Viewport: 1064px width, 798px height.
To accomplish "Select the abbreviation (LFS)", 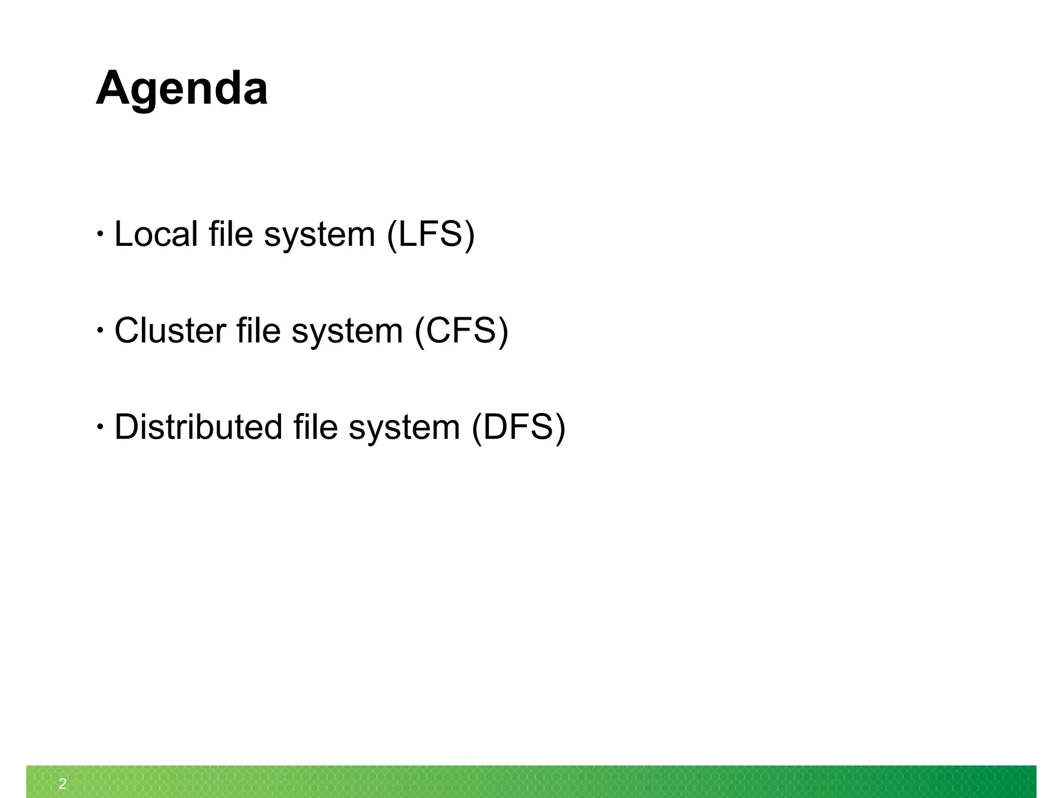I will point(431,234).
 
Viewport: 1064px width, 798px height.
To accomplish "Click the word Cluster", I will point(170,331).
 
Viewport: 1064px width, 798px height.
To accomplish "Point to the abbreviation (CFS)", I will point(461,331).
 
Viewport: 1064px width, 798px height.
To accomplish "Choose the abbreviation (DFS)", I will point(518,428).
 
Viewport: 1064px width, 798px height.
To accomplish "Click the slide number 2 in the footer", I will point(63,783).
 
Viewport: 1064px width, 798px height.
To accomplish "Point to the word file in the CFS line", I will point(258,331).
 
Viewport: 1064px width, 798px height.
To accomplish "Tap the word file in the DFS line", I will point(315,427).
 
